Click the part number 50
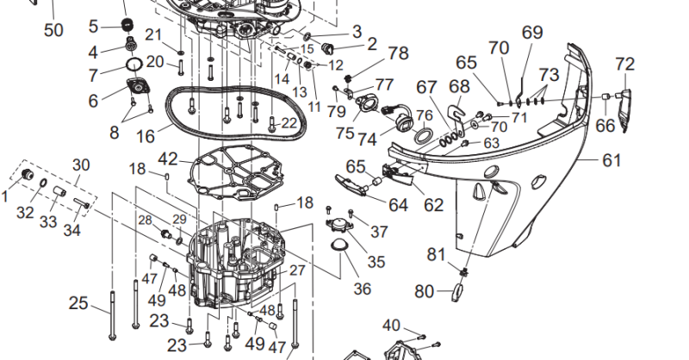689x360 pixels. [x=53, y=31]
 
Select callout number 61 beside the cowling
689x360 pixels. [x=587, y=159]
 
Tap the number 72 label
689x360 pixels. [x=625, y=64]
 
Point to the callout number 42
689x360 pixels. [x=167, y=159]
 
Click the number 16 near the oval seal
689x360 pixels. [x=145, y=136]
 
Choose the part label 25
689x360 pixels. [x=78, y=303]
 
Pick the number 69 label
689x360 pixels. [x=532, y=33]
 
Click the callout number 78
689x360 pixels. [x=398, y=53]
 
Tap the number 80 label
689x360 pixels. [x=424, y=291]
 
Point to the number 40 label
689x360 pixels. [x=391, y=325]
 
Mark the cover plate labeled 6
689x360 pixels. [x=137, y=88]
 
